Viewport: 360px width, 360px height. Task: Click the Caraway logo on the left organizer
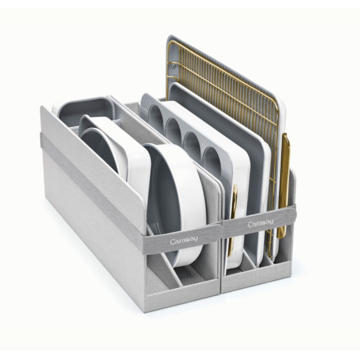click(183, 241)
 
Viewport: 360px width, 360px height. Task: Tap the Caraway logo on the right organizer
click(261, 223)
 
